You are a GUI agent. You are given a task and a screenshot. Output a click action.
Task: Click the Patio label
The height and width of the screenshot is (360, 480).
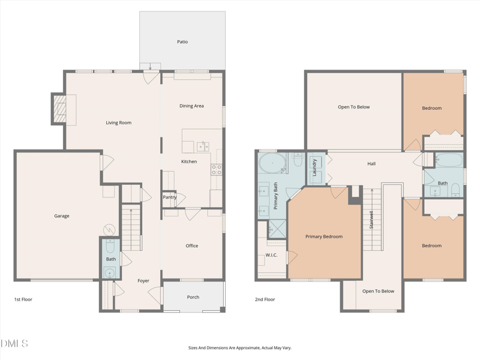pos(182,42)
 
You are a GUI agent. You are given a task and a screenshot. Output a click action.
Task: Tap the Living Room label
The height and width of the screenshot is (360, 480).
pos(118,123)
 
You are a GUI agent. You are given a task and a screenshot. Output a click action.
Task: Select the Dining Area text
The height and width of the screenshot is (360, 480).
pos(191,106)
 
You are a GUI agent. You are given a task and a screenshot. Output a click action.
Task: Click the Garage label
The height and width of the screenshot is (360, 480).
pos(62,216)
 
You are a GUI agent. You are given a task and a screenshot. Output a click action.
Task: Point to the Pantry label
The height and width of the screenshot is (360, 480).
pos(170,197)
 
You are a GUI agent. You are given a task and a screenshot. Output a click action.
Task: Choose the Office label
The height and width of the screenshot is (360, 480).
pos(191,246)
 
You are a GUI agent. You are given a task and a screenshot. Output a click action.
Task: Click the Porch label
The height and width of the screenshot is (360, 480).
pos(193,297)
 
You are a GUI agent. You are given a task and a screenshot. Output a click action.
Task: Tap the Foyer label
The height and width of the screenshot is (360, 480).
pos(143,281)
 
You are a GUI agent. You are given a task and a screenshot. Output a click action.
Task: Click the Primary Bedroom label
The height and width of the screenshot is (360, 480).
pos(324,237)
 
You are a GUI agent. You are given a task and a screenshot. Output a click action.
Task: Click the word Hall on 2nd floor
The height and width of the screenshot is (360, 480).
pos(371,164)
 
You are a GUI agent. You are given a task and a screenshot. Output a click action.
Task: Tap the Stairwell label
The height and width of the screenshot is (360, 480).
pos(372,220)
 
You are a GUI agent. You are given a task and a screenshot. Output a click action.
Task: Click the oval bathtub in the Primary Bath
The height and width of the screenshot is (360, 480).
pos(272,162)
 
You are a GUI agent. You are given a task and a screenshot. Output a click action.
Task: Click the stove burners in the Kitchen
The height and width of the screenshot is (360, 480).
pos(216,170)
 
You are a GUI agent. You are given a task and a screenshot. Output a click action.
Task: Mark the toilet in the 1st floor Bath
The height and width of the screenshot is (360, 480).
pos(110,246)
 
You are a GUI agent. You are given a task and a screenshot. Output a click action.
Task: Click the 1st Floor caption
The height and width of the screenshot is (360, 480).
pos(23,299)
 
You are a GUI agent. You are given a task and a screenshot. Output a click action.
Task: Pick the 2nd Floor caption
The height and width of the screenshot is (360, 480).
pos(265,299)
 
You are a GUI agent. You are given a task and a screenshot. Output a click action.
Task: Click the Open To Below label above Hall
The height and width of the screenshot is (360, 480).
pos(354,107)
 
